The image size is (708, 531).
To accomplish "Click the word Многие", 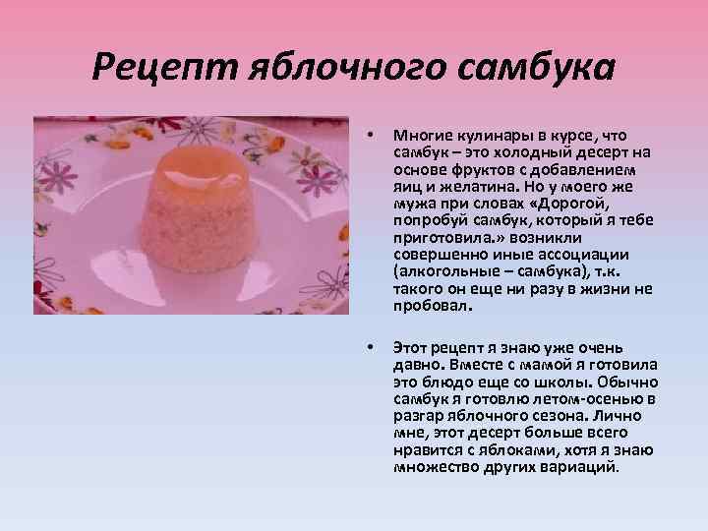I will [419, 134].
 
